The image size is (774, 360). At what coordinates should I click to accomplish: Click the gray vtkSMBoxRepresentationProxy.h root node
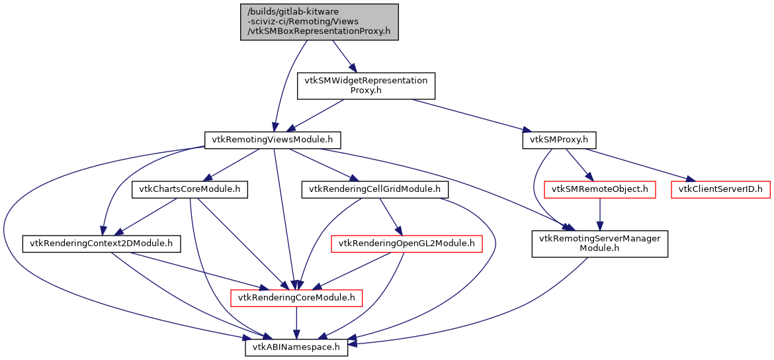point(320,22)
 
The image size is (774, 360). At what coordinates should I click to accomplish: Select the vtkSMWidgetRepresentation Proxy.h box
point(366,85)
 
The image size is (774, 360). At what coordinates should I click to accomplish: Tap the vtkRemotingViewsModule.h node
point(273,140)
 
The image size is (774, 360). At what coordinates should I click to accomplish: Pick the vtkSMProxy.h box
point(560,140)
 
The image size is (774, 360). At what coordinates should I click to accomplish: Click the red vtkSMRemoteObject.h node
point(599,190)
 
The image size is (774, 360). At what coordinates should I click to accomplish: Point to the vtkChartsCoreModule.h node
point(190,190)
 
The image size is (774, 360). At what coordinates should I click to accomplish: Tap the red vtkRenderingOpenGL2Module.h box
point(406,244)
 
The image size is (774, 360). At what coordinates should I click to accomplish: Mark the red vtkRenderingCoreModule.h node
point(296,298)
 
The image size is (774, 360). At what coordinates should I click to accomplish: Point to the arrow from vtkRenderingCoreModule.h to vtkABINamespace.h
point(296,323)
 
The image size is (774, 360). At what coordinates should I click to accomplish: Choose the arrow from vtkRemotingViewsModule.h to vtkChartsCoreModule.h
point(232,164)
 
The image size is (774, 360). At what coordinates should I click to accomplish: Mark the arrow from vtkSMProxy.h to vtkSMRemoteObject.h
point(580,165)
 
